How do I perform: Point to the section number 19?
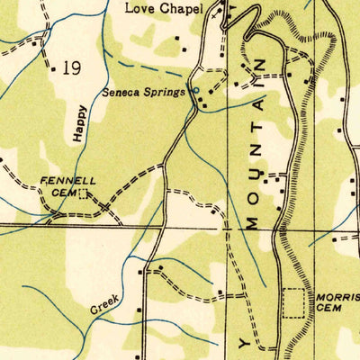pyautogui.click(x=72, y=69)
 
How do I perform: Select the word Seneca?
pyautogui.click(x=121, y=91)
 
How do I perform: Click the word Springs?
pyautogui.click(x=165, y=91)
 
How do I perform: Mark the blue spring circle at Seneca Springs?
pyautogui.click(x=196, y=91)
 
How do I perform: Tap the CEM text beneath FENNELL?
pyautogui.click(x=61, y=192)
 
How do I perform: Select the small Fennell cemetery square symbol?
pyautogui.click(x=84, y=193)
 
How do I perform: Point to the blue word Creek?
pyautogui.click(x=104, y=307)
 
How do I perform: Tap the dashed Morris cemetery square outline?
pyautogui.click(x=294, y=301)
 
